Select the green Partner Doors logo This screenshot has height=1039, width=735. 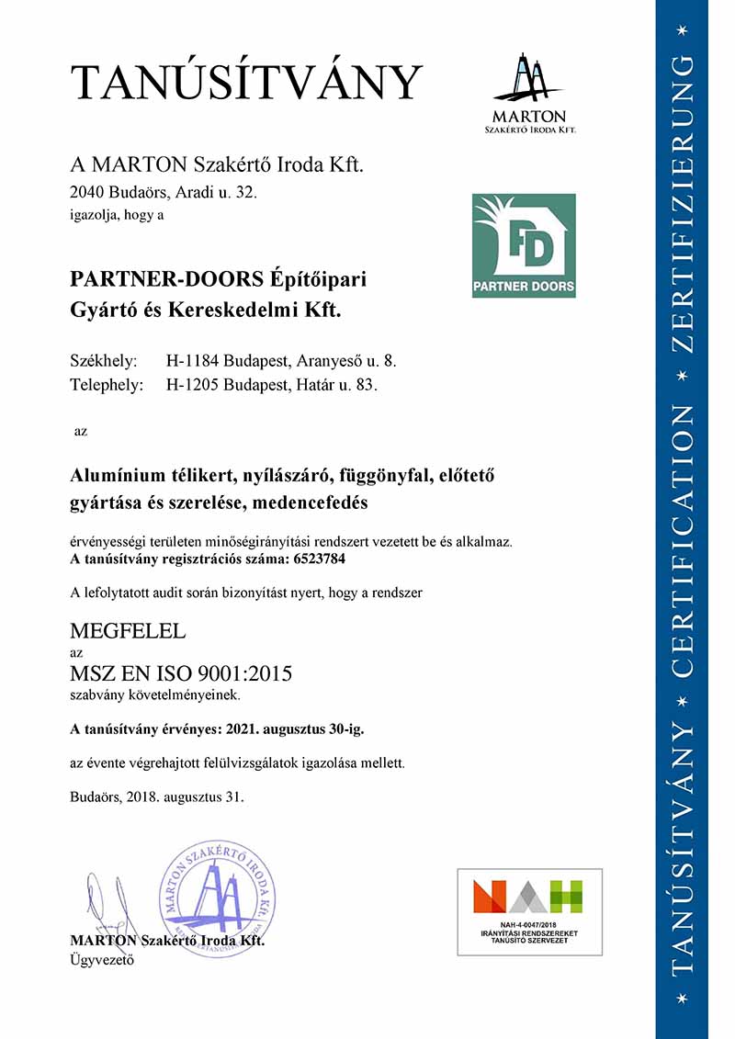(524, 245)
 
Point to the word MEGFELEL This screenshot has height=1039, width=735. (128, 631)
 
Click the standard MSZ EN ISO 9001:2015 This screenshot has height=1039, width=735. (181, 673)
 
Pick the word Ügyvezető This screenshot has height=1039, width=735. (102, 961)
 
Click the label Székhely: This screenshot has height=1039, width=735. (104, 360)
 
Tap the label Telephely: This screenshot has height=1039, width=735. (107, 385)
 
